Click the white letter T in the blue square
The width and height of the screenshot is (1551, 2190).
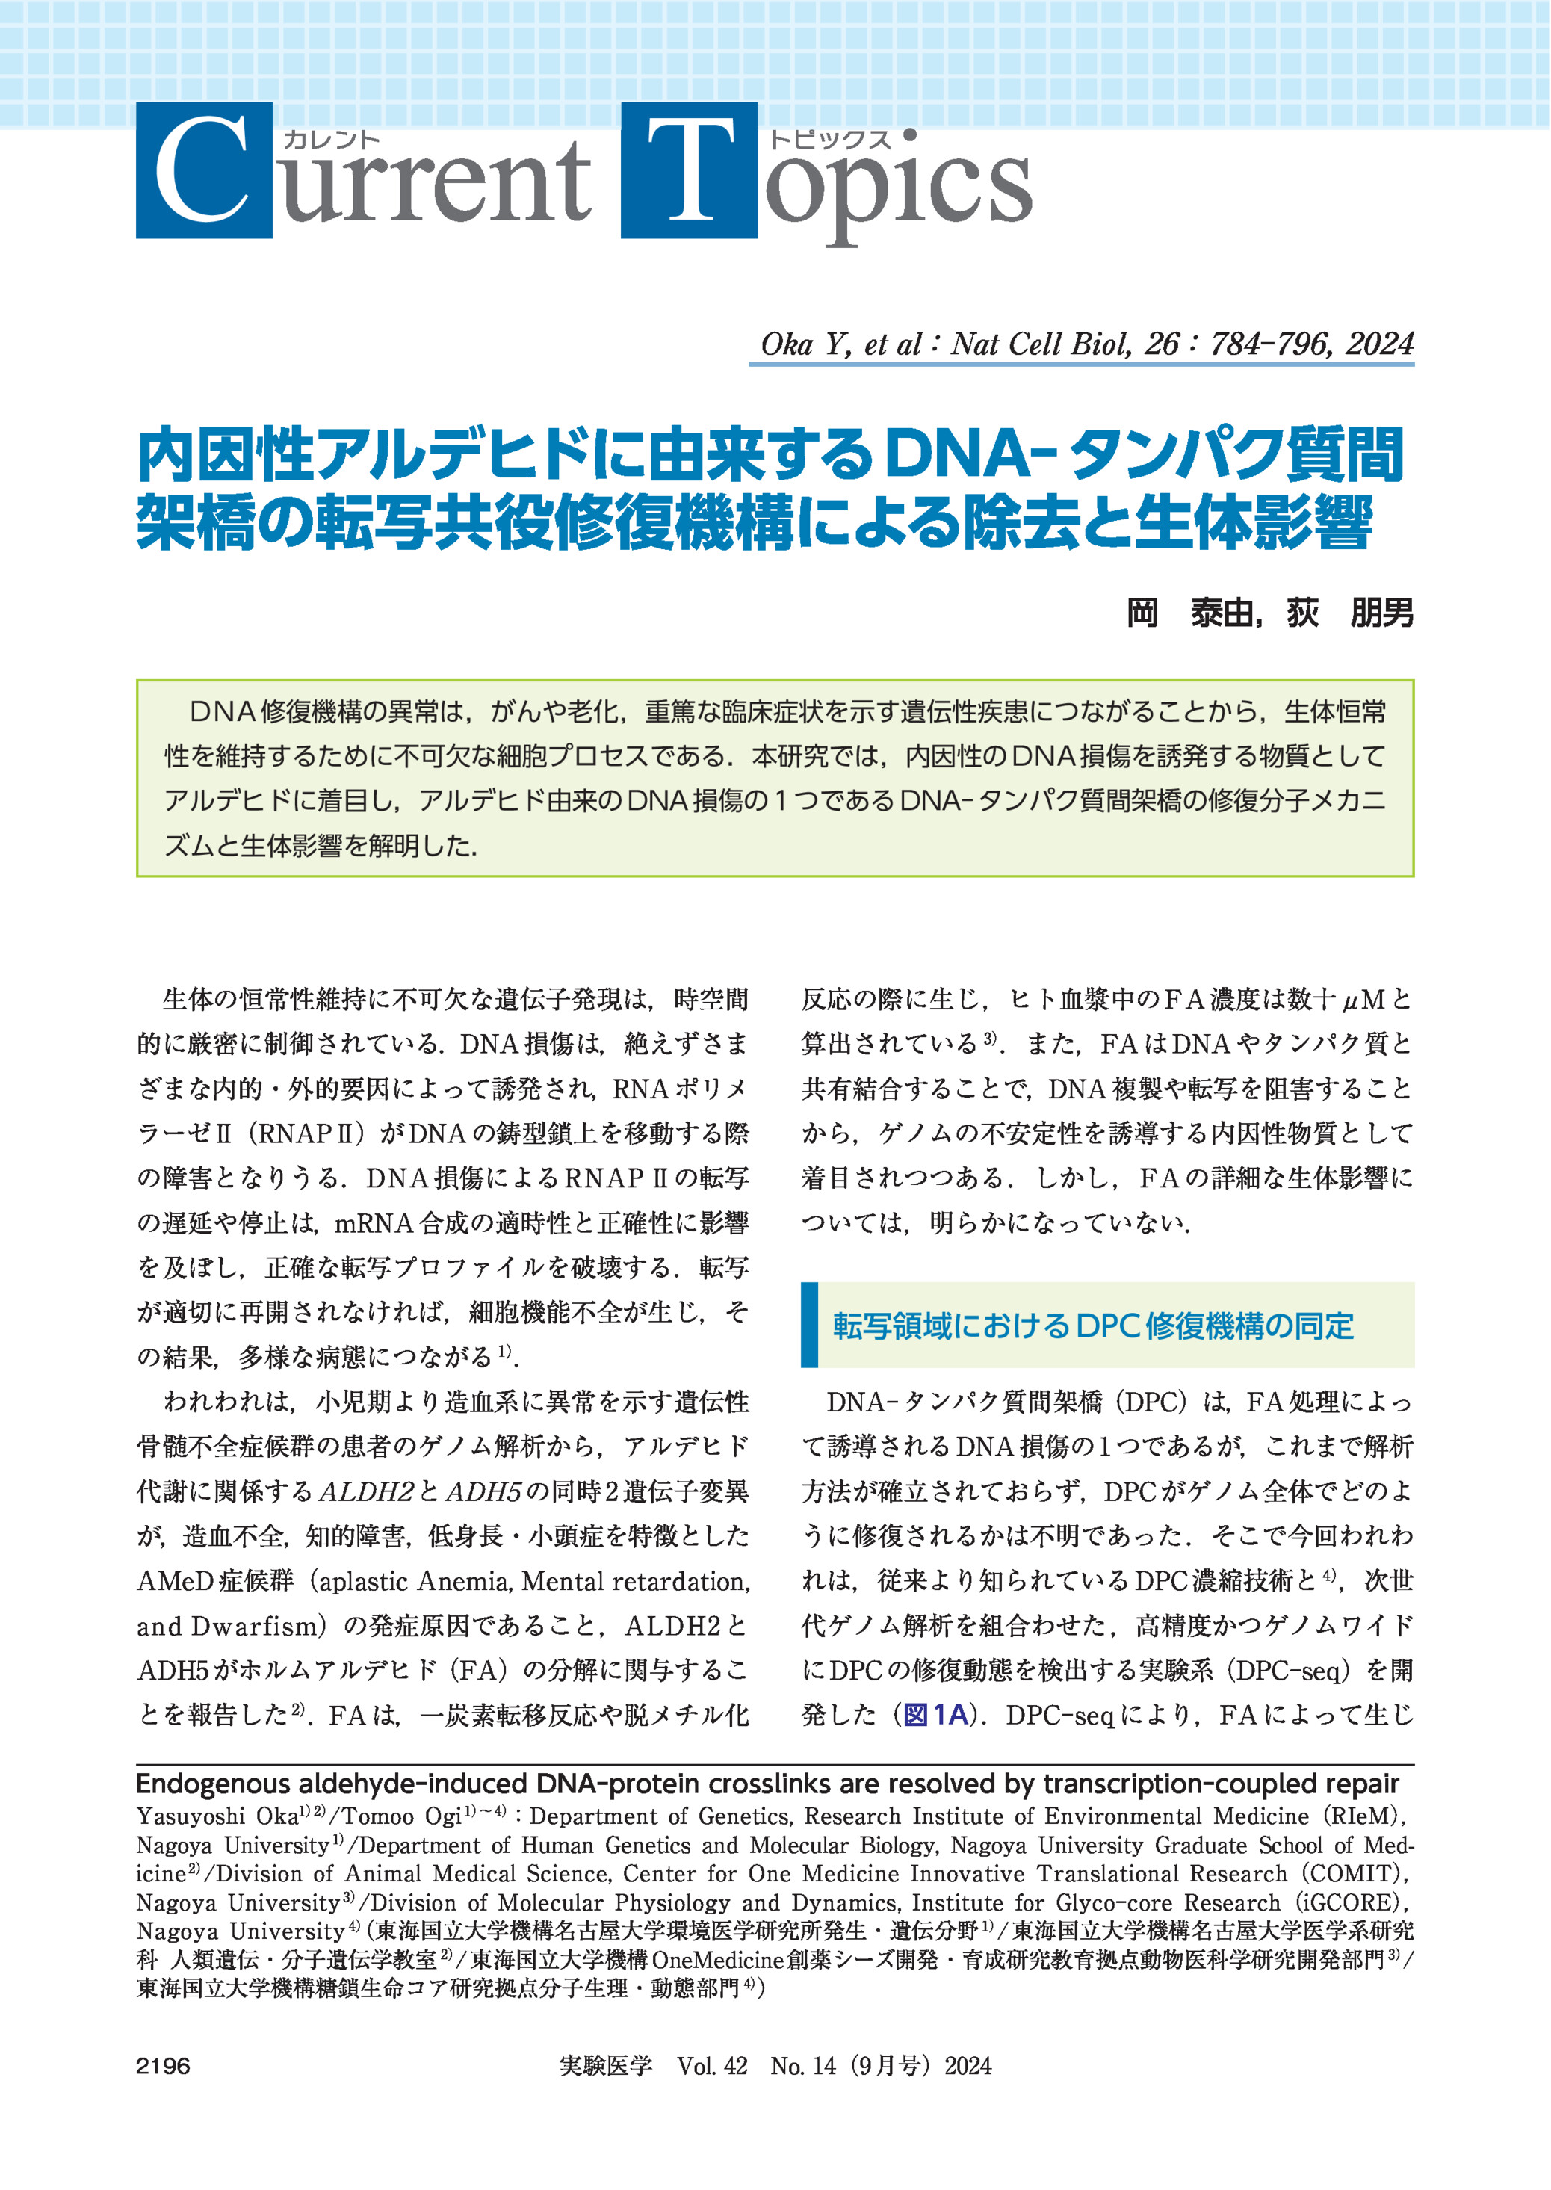coord(690,171)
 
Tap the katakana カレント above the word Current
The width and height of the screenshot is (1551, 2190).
coord(332,140)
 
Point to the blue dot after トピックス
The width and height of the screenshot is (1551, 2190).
coord(908,136)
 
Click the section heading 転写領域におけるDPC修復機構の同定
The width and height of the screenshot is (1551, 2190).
coord(1092,1326)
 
